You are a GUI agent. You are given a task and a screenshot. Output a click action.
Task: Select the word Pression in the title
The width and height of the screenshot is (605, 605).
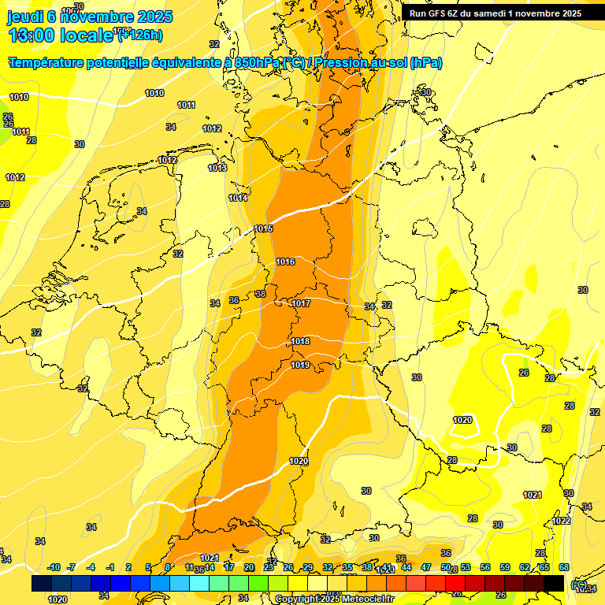click(x=347, y=63)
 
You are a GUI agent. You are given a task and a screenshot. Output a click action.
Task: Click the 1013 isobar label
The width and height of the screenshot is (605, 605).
click(x=217, y=168)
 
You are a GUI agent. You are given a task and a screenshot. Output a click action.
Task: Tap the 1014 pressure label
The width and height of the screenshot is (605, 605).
click(x=238, y=198)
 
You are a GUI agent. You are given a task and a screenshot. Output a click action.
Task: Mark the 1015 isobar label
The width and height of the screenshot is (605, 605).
click(x=263, y=228)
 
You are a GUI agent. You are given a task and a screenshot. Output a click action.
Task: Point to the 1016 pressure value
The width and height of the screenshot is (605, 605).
click(x=285, y=262)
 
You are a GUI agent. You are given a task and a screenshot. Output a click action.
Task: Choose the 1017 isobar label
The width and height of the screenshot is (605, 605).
click(x=301, y=303)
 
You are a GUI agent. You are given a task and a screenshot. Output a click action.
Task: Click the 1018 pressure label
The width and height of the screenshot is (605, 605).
click(x=300, y=341)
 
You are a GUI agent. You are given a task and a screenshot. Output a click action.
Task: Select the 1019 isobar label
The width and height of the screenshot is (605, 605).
click(x=300, y=365)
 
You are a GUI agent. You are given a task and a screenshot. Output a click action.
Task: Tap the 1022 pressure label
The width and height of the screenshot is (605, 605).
click(x=561, y=521)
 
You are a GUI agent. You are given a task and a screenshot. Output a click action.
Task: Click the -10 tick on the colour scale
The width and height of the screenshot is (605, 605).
click(x=54, y=567)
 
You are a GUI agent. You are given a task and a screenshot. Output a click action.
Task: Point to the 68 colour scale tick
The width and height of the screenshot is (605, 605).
click(x=564, y=567)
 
